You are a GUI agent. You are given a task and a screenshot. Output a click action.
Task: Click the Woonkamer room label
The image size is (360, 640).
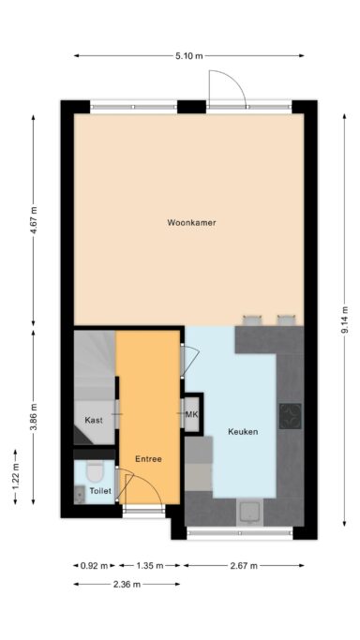191,222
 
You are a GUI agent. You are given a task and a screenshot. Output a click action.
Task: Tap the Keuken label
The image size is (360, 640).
243,431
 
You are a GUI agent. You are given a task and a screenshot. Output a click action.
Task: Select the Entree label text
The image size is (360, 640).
148,459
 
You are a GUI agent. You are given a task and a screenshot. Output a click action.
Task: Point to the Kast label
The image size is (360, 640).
94,420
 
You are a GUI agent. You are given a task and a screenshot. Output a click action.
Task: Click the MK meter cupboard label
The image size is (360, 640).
191,415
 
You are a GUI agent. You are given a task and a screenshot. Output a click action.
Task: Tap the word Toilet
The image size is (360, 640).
100,491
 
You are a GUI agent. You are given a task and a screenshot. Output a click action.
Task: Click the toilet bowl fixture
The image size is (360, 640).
96,472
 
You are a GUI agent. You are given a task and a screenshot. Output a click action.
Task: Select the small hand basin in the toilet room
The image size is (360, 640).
79,496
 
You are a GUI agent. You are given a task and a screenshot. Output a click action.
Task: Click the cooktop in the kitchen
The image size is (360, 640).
291,416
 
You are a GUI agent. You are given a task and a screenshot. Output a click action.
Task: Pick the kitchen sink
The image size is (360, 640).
249,513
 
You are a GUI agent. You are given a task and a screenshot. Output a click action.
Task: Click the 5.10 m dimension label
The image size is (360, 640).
189,56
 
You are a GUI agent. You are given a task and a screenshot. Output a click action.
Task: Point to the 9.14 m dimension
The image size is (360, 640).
345,320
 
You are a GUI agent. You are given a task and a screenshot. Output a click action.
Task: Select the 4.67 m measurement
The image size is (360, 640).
34,219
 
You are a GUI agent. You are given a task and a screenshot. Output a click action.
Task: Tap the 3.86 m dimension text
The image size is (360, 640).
34,417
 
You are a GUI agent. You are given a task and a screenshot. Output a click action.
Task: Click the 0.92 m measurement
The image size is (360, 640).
95,566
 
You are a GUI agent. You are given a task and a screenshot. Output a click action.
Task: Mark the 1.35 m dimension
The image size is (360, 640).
150,566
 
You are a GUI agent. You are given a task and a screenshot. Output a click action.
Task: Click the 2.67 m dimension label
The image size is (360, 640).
244,566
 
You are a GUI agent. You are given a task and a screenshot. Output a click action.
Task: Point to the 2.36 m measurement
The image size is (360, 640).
127,585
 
